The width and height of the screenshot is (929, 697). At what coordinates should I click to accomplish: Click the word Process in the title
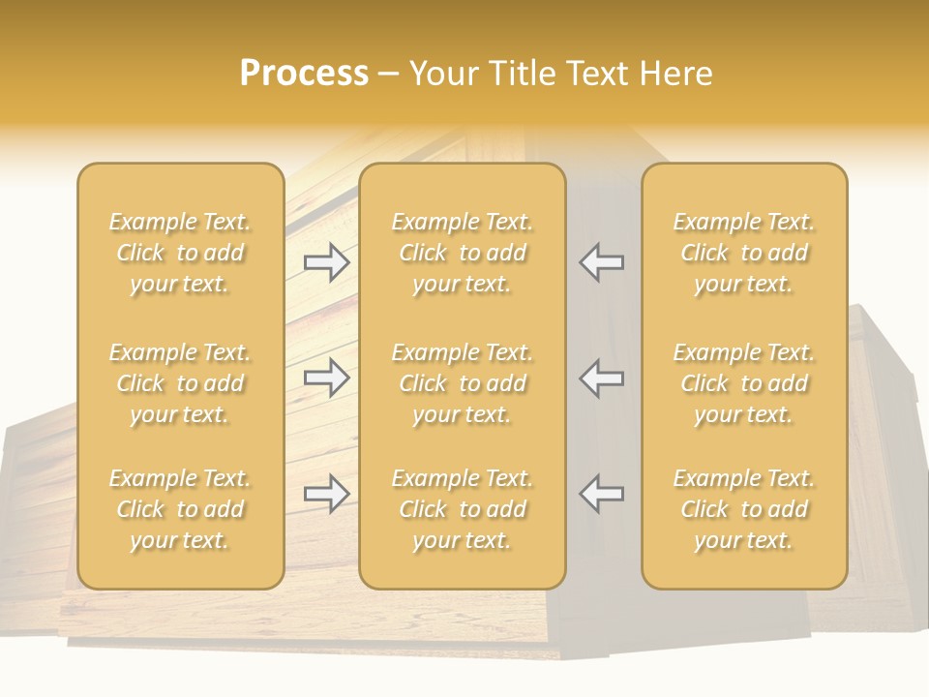304,74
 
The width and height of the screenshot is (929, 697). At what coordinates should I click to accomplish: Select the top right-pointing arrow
327,262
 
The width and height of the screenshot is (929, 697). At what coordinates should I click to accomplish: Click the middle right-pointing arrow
327,378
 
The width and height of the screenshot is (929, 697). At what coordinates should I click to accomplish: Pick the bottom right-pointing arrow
327,494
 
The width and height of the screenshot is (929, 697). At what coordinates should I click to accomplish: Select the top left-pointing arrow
601,262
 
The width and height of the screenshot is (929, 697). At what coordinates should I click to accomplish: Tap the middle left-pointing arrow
601,378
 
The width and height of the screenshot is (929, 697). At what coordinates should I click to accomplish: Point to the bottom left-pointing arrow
601,494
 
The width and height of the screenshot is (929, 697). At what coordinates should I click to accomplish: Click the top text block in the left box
180,253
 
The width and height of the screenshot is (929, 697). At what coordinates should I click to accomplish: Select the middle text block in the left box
180,383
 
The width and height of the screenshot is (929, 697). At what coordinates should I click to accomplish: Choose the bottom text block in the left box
180,509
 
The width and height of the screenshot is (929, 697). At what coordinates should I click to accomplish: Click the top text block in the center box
463,253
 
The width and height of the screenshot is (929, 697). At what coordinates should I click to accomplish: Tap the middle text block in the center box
463,383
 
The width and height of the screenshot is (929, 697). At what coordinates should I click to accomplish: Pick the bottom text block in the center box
463,509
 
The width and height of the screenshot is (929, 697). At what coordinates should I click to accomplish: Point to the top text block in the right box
744,253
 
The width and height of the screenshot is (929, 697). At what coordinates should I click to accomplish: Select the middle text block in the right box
744,383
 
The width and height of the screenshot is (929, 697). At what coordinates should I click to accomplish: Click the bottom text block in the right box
744,509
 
